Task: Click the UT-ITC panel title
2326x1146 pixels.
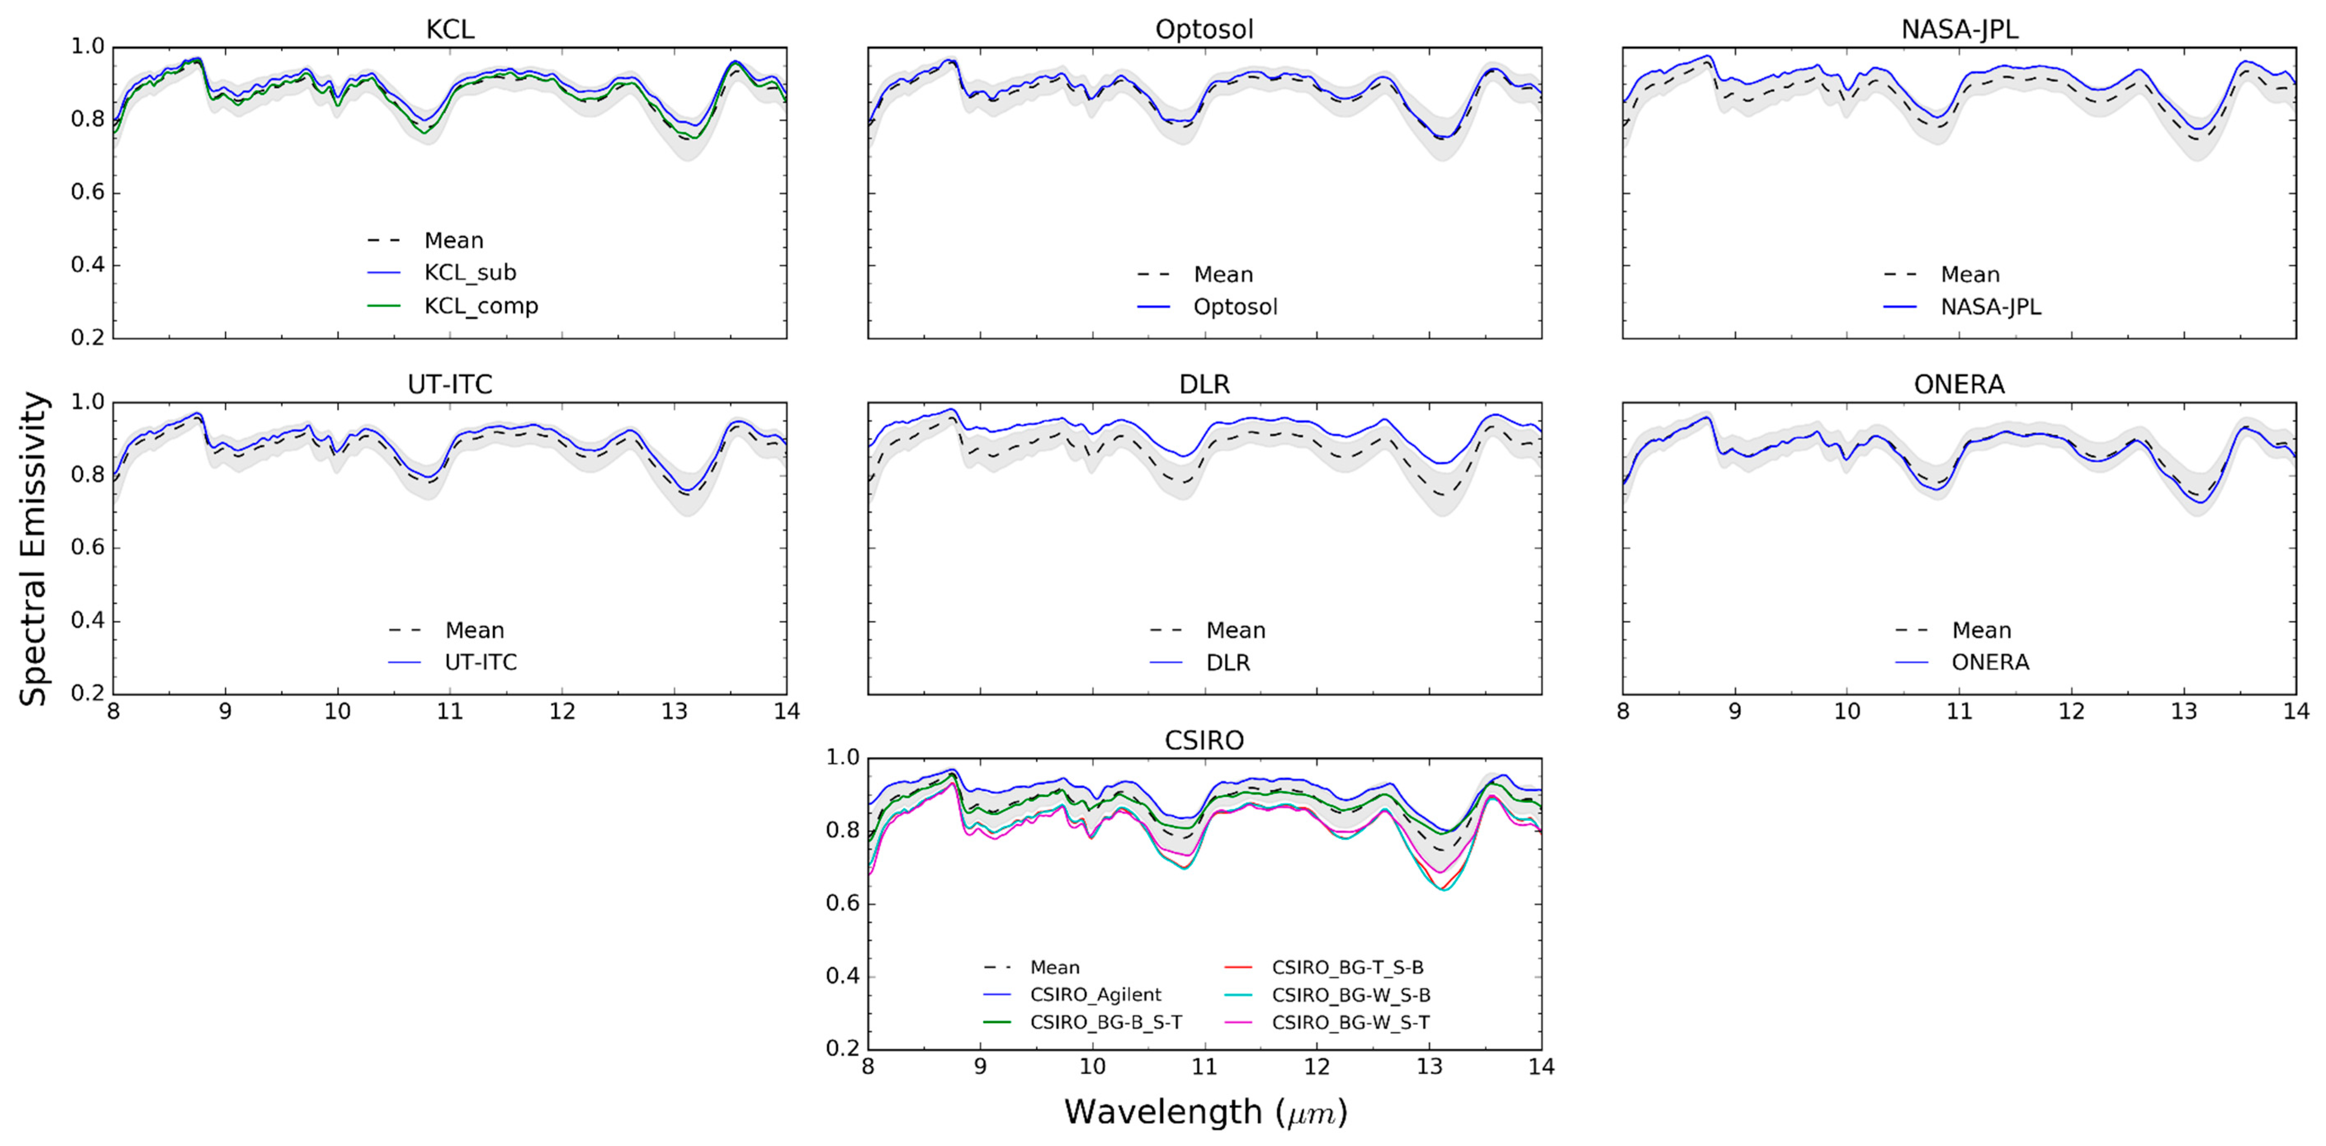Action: pos(450,385)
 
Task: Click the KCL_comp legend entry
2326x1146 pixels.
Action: pos(480,306)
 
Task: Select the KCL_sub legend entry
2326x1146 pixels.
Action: pos(469,273)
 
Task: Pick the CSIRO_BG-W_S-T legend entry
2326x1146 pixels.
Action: pos(1350,1022)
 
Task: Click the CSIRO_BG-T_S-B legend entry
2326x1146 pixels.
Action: pos(1347,967)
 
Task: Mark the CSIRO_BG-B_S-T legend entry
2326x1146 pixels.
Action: pos(1105,1022)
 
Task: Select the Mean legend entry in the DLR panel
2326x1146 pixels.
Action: pos(1235,630)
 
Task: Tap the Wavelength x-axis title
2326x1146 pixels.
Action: pos(1205,1112)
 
